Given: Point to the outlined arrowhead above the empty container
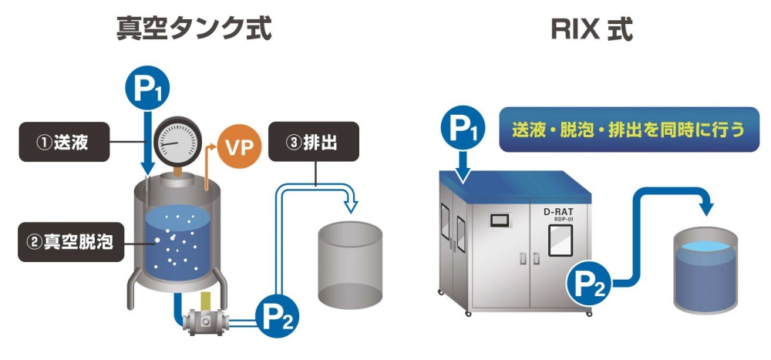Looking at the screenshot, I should [351, 204].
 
